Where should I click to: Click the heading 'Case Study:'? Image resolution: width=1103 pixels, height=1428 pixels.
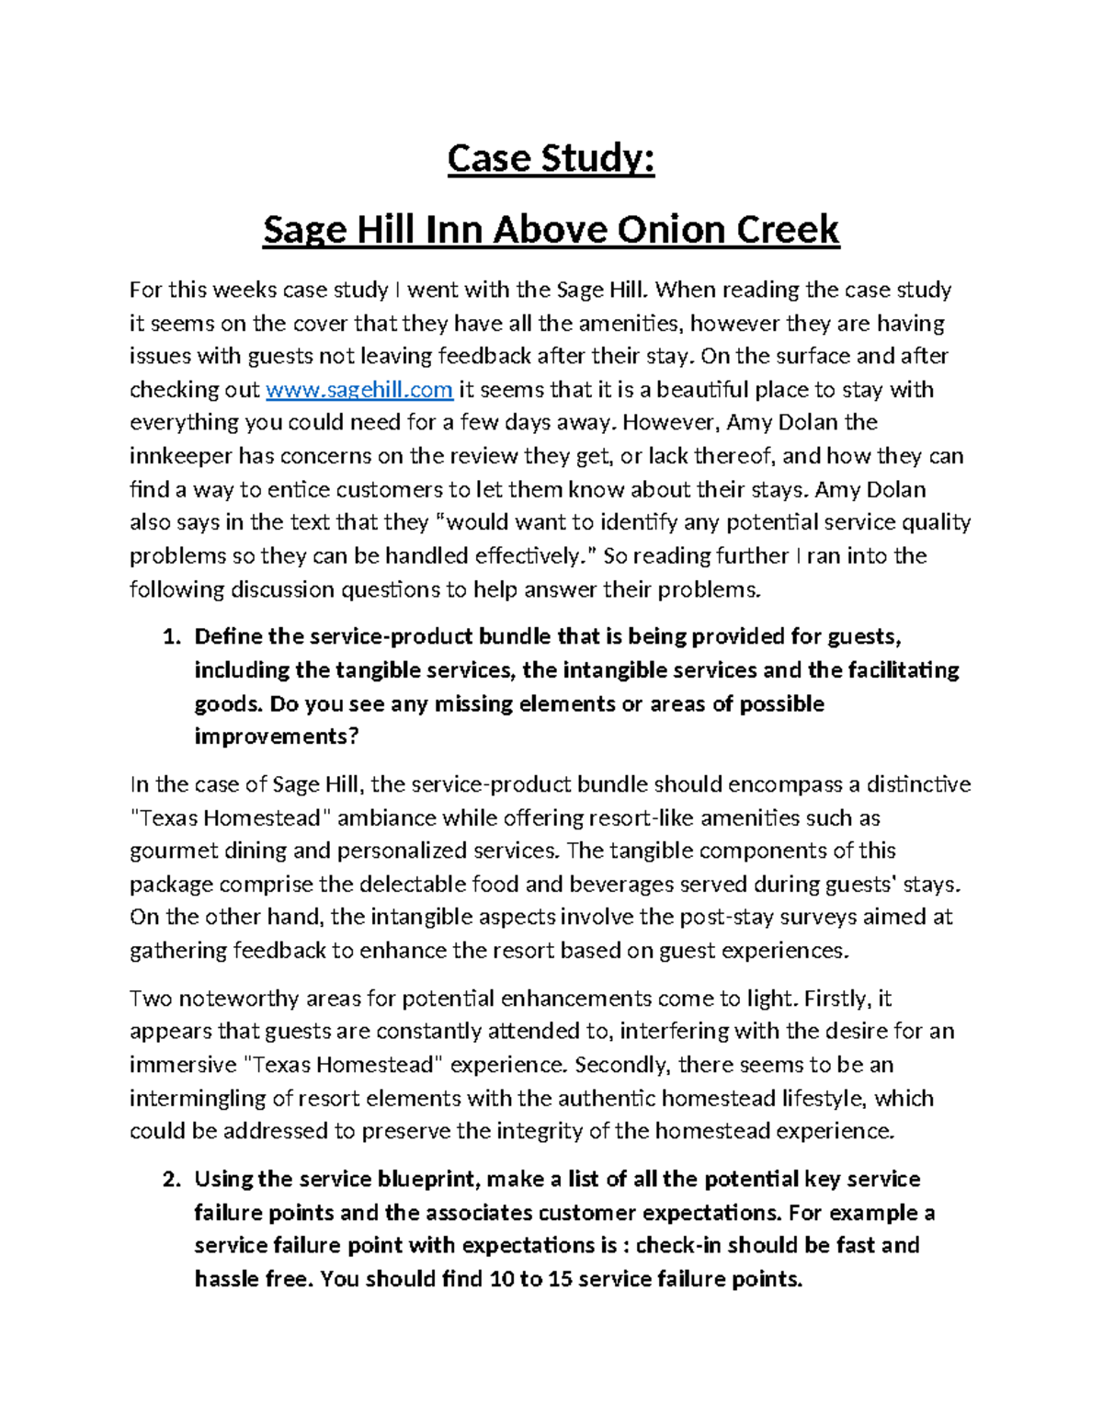point(551,160)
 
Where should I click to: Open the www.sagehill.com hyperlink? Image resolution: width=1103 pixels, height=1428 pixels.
point(358,390)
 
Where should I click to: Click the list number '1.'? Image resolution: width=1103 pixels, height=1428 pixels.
point(171,637)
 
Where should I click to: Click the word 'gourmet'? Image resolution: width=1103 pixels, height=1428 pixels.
point(169,851)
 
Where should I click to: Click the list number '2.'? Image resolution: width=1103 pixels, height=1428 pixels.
point(171,1180)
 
